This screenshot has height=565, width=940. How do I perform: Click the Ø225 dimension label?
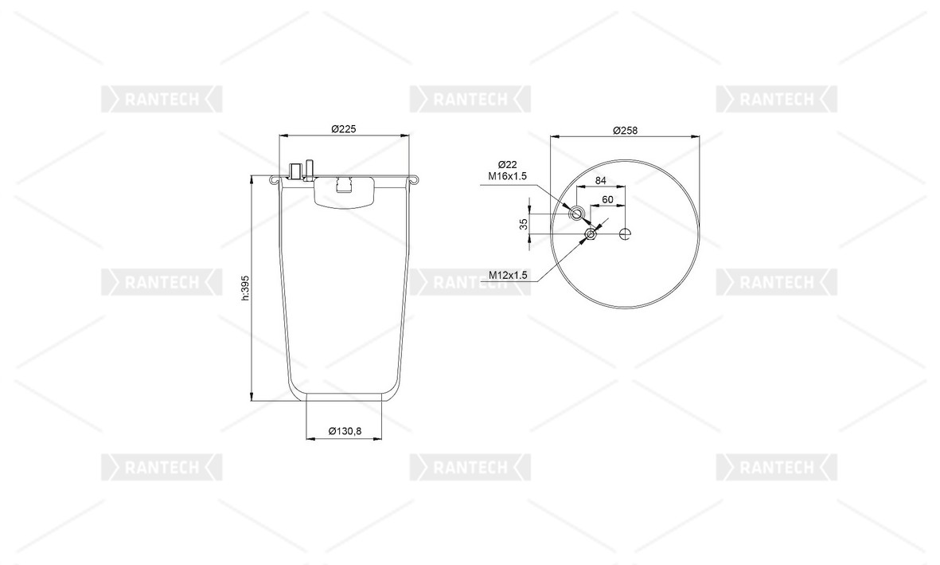[344, 128]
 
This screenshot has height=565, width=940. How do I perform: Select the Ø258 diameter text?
[625, 130]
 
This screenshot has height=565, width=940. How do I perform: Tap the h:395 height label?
[244, 288]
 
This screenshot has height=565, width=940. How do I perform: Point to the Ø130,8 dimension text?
[345, 431]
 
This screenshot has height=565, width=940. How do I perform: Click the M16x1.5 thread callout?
[507, 176]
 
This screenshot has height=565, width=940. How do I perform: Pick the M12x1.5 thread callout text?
[508, 275]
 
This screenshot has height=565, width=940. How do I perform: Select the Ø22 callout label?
[507, 164]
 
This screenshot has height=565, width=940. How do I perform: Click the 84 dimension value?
[600, 180]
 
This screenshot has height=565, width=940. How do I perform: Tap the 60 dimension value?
[607, 199]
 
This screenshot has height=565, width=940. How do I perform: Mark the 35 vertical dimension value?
[524, 224]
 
